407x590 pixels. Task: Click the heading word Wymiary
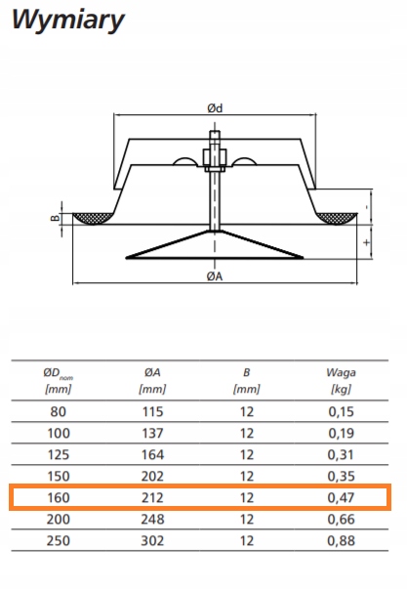click(68, 20)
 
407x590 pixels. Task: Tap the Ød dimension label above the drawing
click(215, 108)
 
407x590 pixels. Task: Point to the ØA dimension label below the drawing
click(215, 276)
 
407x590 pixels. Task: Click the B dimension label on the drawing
click(56, 218)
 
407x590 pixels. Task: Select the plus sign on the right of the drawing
click(367, 242)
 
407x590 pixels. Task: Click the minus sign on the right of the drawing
click(367, 207)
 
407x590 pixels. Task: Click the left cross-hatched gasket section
click(93, 218)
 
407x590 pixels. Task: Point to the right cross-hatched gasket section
click(337, 218)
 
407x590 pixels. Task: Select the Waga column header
click(341, 380)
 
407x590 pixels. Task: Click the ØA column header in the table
click(152, 380)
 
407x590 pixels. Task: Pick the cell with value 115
click(152, 411)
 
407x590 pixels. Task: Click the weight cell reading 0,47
click(341, 498)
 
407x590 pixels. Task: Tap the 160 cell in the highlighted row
click(59, 498)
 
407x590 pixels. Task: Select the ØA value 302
click(152, 541)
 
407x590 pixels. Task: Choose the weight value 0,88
click(341, 541)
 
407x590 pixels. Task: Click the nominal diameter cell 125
click(59, 455)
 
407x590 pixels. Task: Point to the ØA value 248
click(152, 520)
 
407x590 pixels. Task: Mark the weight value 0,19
click(341, 434)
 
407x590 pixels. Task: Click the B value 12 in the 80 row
click(247, 411)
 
